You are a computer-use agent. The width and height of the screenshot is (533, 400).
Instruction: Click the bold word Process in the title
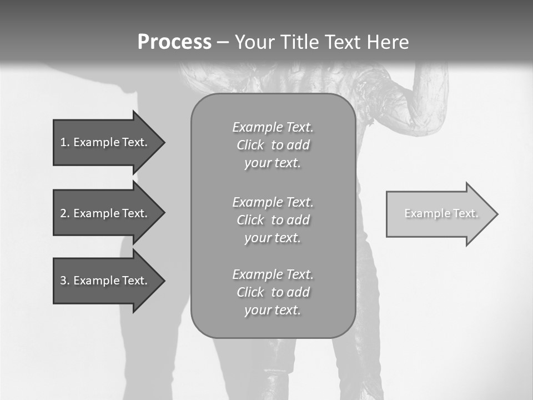pos(174,42)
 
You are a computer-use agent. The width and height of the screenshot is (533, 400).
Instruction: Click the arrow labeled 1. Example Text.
pos(105,142)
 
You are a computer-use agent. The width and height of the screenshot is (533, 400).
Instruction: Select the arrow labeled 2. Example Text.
pos(105,213)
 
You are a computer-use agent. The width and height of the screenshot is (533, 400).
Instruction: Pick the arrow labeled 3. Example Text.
pos(105,281)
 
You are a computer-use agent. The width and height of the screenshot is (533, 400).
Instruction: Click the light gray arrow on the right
pos(439,214)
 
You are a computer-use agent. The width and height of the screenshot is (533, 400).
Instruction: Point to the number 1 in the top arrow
pos(63,142)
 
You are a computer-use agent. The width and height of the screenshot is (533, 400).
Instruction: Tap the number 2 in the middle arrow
pos(63,213)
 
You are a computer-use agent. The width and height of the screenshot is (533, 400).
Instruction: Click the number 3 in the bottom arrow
pos(63,281)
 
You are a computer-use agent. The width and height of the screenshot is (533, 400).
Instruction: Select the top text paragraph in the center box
pos(273,145)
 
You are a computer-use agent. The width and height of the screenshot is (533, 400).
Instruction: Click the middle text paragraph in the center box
pos(273,220)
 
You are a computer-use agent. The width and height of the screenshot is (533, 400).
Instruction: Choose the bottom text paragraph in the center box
pos(273,292)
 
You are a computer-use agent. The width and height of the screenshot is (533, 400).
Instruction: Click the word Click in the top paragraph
pos(250,145)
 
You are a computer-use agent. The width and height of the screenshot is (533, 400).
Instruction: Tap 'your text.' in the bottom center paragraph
pos(273,310)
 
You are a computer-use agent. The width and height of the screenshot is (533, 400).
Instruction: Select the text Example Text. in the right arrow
pos(441,213)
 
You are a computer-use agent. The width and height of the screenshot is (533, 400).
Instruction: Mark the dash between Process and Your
pos(223,42)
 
